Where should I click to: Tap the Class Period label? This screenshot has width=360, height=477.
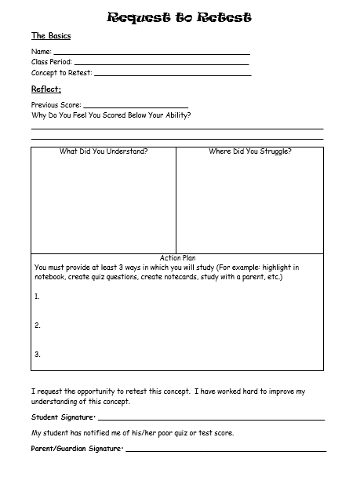(x=50, y=62)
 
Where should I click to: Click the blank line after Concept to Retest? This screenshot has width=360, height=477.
(x=173, y=75)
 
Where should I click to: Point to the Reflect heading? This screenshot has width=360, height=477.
(x=46, y=89)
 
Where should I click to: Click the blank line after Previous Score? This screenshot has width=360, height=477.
(x=135, y=106)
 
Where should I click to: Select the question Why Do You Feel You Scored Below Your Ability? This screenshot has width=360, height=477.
(x=111, y=115)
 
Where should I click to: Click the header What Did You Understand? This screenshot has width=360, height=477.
(x=104, y=151)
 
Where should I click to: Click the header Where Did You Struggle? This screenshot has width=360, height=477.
(x=249, y=151)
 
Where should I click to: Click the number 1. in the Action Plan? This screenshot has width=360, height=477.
(x=37, y=297)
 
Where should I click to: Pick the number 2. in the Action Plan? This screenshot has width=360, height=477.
(x=37, y=326)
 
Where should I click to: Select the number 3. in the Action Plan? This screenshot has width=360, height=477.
(x=37, y=354)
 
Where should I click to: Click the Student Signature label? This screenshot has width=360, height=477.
(x=63, y=417)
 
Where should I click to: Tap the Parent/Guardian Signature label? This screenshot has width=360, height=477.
(x=76, y=449)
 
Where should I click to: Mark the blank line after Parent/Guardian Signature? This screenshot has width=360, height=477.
(x=225, y=451)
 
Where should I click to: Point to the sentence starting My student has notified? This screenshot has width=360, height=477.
(x=133, y=433)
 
